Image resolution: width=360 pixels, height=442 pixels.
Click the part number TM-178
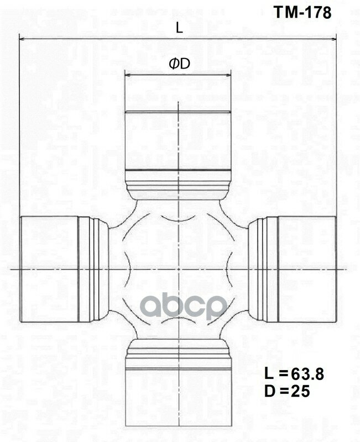click(303, 13)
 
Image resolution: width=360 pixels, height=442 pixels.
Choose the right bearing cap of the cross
click(306, 269)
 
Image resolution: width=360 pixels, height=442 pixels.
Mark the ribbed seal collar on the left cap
click(93, 269)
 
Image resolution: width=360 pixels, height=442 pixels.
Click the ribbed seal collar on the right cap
click(263, 269)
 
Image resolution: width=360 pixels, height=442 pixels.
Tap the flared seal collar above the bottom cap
click(178, 352)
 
